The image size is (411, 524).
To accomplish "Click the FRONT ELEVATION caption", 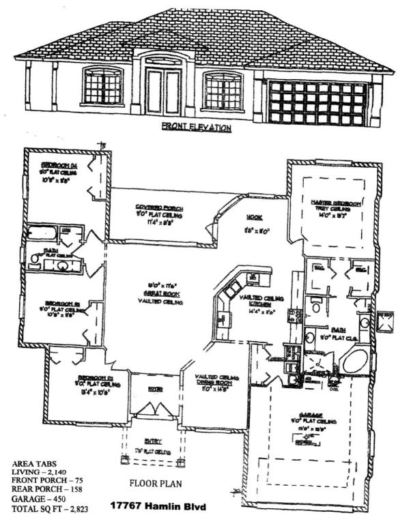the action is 196,127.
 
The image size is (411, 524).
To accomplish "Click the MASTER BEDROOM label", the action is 337,203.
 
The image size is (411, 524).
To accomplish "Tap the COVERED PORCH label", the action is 162,207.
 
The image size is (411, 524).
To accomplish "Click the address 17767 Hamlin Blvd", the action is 160,508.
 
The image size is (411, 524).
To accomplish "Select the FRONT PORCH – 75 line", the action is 47,481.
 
